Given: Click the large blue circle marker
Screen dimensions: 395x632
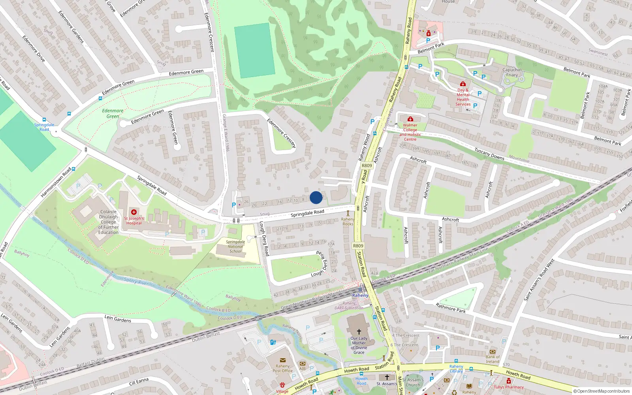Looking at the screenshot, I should [x=316, y=197].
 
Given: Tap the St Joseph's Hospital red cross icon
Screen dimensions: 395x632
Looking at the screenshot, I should [x=134, y=212].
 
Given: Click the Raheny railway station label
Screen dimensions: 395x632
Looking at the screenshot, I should [x=360, y=295].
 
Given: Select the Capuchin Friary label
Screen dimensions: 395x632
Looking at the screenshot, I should [x=512, y=72].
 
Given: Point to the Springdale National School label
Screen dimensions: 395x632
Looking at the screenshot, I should [x=235, y=246].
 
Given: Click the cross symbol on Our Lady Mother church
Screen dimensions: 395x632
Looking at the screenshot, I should [x=359, y=331].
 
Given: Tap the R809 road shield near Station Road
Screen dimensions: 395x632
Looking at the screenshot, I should [x=358, y=246].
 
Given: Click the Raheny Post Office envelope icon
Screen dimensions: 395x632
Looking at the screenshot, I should [x=282, y=360].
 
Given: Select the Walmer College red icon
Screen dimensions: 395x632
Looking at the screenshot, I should [x=410, y=119].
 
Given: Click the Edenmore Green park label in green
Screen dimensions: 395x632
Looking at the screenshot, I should [x=113, y=113].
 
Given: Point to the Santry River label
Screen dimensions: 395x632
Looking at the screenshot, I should [x=136, y=281].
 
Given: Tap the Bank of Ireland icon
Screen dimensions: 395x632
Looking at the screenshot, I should [x=493, y=352].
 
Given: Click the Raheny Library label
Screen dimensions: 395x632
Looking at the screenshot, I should [x=456, y=369].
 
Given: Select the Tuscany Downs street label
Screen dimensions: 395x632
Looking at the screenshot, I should [x=489, y=154].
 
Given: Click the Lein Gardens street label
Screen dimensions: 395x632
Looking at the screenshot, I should [x=118, y=318].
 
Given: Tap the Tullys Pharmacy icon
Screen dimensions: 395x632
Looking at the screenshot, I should [x=508, y=381].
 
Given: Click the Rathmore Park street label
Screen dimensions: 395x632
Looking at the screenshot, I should [x=451, y=308].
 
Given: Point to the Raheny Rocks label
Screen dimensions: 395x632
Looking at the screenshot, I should [x=348, y=222].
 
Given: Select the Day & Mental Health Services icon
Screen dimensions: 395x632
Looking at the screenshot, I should [x=463, y=84].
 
